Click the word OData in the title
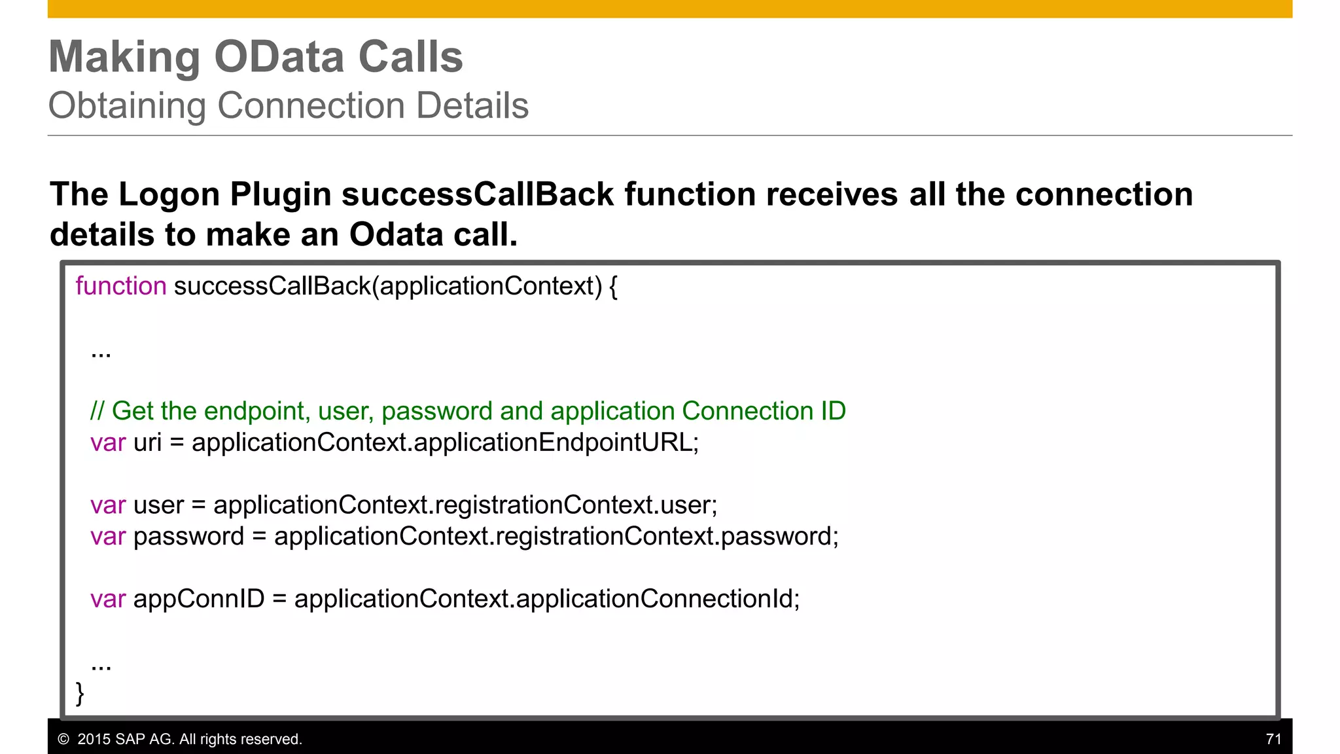click(279, 57)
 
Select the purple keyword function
click(121, 287)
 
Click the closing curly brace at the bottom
click(80, 692)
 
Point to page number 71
click(1273, 739)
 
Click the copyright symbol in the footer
click(63, 740)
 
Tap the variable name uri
click(147, 443)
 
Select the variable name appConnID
click(199, 599)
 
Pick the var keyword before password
click(108, 537)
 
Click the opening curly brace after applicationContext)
click(613, 287)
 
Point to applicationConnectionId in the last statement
click(654, 599)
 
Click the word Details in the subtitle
click(472, 106)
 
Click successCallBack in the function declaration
click(272, 287)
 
